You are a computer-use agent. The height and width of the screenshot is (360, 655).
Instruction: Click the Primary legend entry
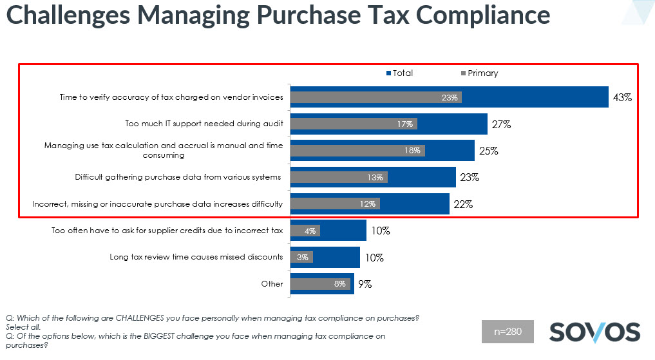pos(480,73)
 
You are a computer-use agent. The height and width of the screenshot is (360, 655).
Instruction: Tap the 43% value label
pos(622,98)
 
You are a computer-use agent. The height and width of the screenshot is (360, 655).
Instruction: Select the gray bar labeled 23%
pos(375,98)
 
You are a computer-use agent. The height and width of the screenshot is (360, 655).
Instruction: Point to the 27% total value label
pos(501,124)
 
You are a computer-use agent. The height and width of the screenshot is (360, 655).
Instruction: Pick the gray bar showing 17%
pos(354,124)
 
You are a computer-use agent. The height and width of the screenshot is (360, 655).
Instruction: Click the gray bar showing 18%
pos(357,151)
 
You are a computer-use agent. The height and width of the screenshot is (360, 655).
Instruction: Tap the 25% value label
pos(488,151)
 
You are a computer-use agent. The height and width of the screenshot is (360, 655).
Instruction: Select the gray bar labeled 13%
pos(339,177)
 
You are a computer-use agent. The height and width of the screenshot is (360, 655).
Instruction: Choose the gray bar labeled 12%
pos(335,204)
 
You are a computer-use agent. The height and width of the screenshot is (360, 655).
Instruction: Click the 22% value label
pos(463,204)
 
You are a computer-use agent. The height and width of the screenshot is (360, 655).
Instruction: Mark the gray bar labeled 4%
pos(305,231)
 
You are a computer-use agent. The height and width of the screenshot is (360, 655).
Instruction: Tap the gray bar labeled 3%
pos(301,257)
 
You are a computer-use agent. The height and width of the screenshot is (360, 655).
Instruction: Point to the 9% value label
pos(365,283)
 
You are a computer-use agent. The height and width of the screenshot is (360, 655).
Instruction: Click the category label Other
pos(272,283)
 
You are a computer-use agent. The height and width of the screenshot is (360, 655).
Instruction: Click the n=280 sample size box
pos(508,332)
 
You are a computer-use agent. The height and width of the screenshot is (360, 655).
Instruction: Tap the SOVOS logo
pos(594,332)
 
